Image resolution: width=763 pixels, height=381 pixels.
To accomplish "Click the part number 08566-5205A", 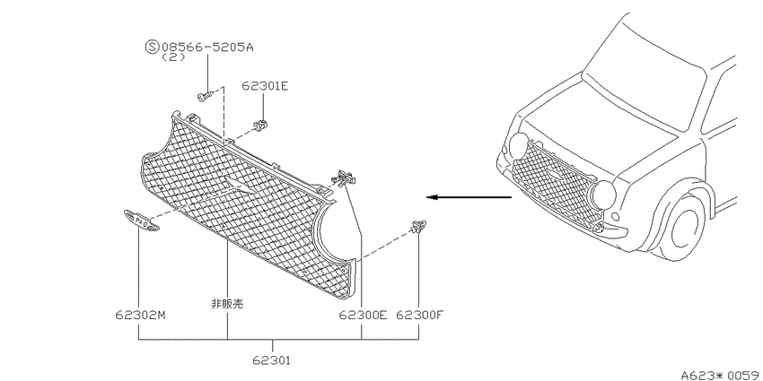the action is pos(207,48).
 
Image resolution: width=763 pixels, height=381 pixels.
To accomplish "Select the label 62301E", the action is pos(265,86).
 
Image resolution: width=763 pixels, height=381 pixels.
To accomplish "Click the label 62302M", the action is pos(141,315).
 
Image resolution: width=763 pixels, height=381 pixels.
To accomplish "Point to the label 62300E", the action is pos(363,315).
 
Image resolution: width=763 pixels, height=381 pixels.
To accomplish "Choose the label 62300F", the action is pos(420,315).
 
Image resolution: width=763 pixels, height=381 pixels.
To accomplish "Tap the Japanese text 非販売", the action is pos(227,305).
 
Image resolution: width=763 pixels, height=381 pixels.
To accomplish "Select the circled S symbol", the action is pos(153,48).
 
